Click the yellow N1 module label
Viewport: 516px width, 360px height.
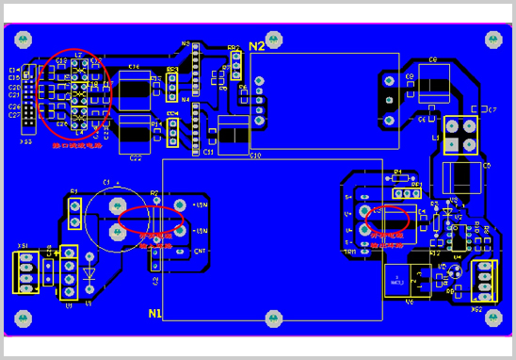point(155,314)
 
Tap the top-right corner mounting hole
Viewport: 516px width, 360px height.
point(493,39)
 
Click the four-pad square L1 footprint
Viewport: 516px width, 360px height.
point(460,135)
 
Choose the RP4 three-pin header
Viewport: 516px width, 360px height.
point(172,134)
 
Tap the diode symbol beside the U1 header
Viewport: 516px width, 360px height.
point(89,275)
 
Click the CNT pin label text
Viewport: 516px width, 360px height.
point(200,252)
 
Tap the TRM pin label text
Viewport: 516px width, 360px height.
point(349,252)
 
